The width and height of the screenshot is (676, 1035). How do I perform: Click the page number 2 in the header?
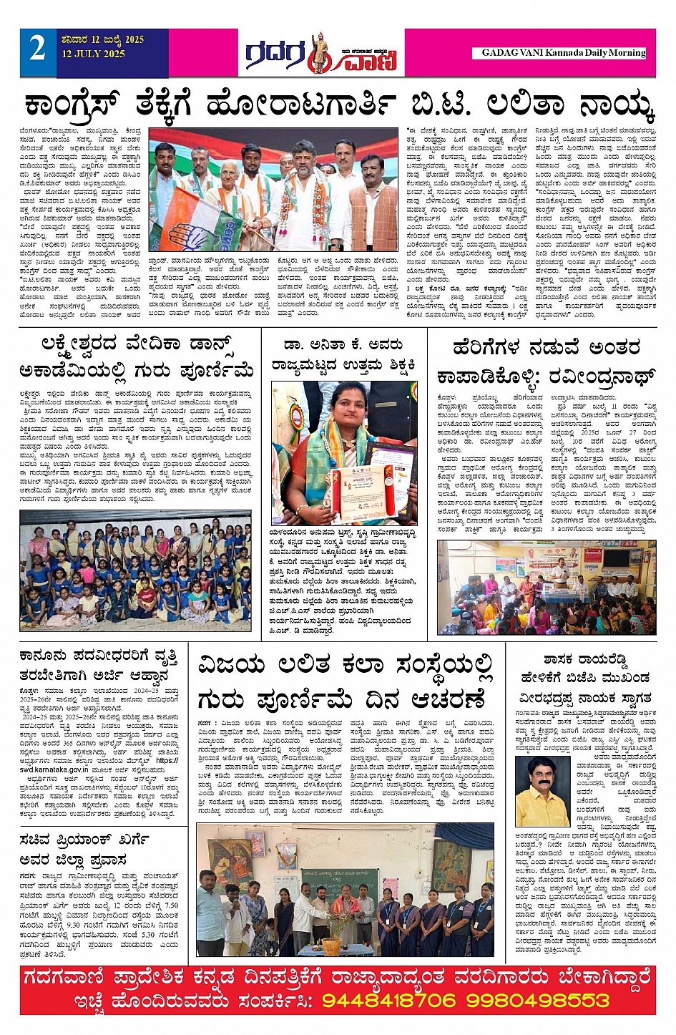37,49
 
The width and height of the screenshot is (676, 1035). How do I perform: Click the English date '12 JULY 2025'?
93,54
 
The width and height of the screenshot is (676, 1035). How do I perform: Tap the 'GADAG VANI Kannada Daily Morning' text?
564,53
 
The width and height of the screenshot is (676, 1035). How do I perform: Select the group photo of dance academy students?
136,570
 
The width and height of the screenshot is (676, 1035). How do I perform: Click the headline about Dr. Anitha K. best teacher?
343,355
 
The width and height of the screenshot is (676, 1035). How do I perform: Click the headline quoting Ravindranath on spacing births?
546,362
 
